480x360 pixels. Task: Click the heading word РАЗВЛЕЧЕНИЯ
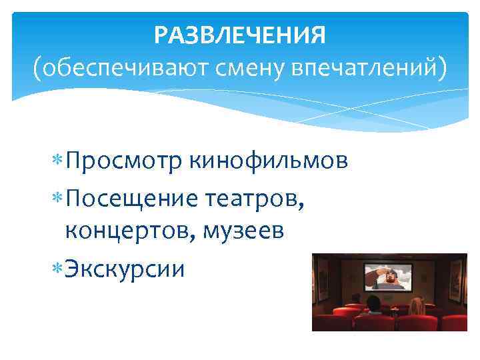(240, 35)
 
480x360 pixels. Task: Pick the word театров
(256, 197)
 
